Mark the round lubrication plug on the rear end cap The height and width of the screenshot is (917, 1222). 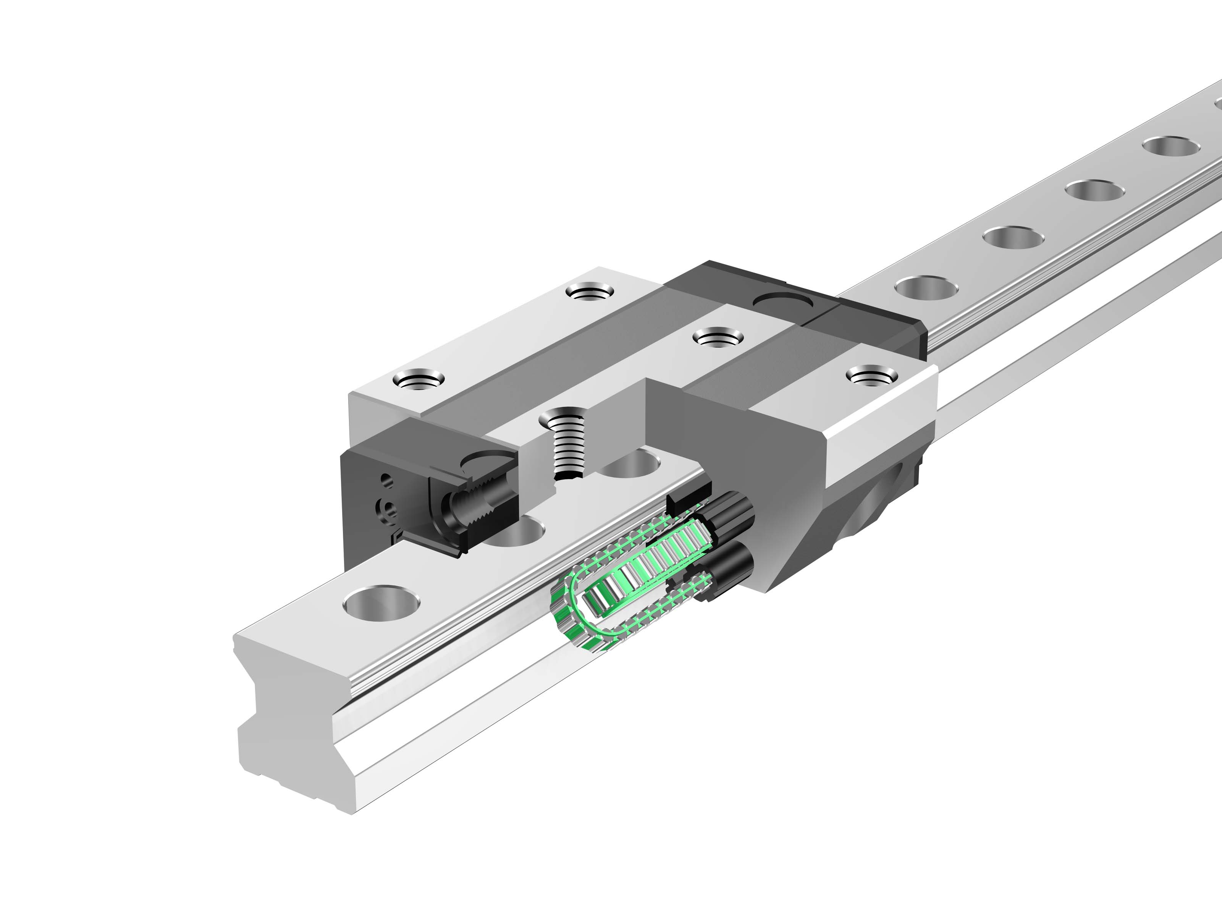click(783, 303)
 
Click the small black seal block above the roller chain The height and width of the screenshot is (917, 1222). click(685, 499)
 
